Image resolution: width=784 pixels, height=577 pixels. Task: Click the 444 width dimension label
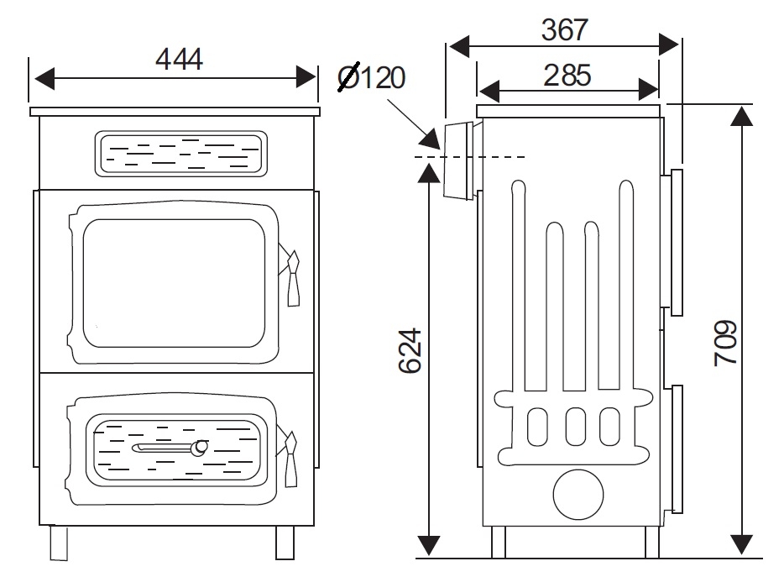click(x=179, y=59)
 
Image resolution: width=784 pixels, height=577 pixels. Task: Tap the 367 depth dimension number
click(x=565, y=30)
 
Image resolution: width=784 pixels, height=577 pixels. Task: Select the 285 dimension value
click(x=567, y=76)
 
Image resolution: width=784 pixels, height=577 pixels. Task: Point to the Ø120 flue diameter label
click(x=371, y=77)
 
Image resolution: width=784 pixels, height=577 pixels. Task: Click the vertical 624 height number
click(x=410, y=351)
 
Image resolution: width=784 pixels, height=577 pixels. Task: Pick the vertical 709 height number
click(x=725, y=343)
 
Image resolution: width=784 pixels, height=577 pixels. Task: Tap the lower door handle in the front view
click(x=289, y=457)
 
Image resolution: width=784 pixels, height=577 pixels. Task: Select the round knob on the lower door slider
click(x=201, y=448)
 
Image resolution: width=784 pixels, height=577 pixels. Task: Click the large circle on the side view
click(x=578, y=495)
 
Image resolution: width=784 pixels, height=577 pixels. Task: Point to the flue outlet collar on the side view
click(x=459, y=160)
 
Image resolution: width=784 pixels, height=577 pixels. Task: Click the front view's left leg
click(x=59, y=543)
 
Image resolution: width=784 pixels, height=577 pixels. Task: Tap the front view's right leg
click(x=285, y=543)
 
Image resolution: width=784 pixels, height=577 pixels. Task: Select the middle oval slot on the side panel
click(x=576, y=427)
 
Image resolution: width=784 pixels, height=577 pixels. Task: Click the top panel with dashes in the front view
click(x=180, y=154)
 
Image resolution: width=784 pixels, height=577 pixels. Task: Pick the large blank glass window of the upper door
click(x=174, y=283)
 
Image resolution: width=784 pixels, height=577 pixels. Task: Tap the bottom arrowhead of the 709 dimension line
click(x=741, y=544)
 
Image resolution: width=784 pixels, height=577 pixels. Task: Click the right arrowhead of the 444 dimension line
click(x=306, y=78)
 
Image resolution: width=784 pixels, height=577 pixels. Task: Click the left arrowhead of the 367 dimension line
click(x=459, y=46)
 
